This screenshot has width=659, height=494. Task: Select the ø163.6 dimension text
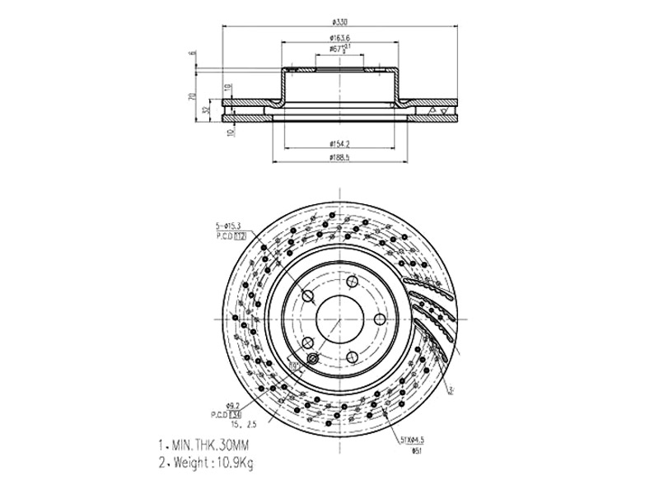pos(341,38)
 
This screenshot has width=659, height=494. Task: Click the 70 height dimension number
pos(191,96)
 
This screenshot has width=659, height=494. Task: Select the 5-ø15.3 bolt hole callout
pos(228,225)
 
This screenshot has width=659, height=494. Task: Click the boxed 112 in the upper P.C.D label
pos(241,235)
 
